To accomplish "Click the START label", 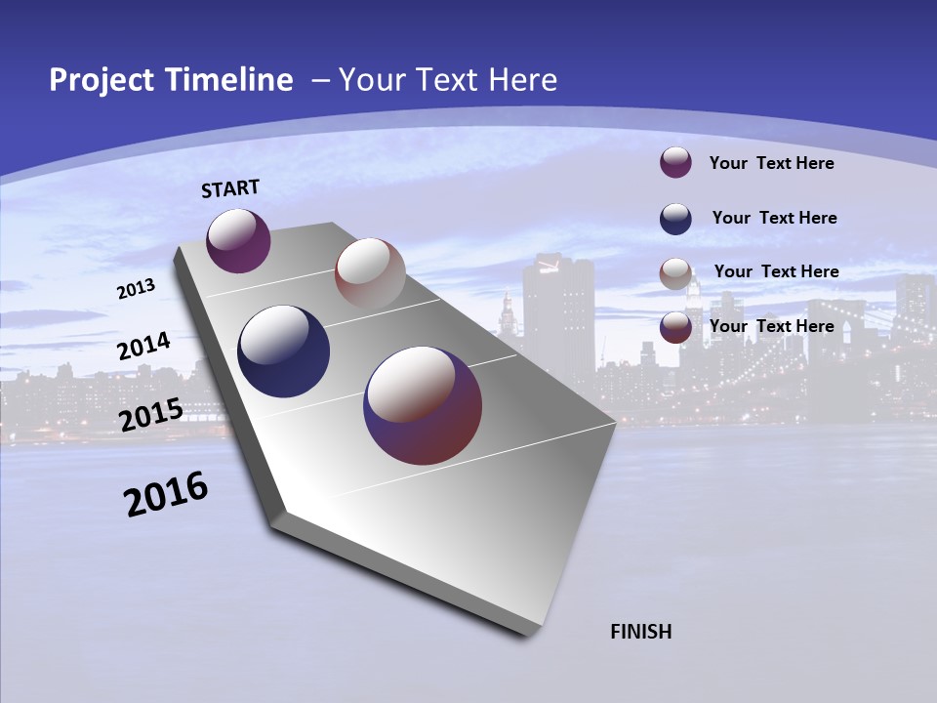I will tap(230, 188).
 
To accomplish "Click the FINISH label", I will tap(641, 632).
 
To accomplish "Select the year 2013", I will tap(136, 288).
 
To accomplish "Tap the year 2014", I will tap(143, 347).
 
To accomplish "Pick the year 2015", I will tap(150, 415).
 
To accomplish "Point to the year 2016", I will tap(166, 494).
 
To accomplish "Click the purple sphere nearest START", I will tap(238, 240).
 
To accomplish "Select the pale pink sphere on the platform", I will tap(370, 272).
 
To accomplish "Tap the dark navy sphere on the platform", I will tap(283, 351).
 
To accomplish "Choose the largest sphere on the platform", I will tap(423, 405).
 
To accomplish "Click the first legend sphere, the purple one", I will tap(675, 162).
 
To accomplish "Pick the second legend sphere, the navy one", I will tap(675, 218).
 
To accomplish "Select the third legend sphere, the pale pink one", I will tap(675, 272).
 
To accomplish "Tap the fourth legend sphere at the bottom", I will tap(675, 326).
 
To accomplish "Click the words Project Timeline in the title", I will tap(171, 80).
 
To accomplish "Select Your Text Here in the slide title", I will tap(447, 80).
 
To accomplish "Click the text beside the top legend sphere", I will tap(771, 163).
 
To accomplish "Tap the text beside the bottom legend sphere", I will tap(771, 326).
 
